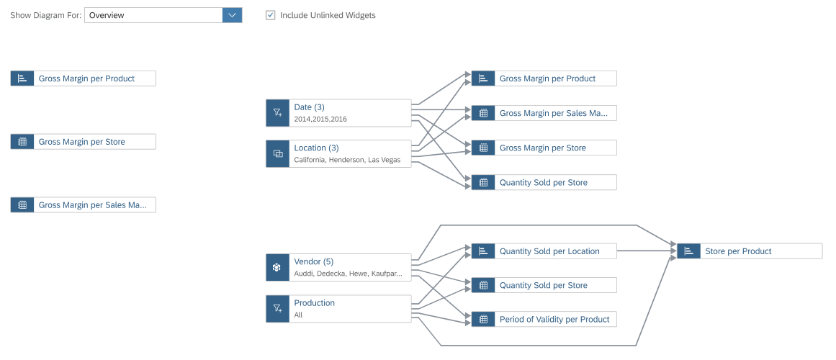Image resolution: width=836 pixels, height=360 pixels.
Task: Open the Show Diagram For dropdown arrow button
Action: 232,15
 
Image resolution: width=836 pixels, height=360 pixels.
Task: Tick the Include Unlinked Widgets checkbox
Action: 270,15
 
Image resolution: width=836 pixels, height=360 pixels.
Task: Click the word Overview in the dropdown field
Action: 107,15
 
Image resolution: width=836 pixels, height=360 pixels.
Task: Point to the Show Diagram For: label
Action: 46,15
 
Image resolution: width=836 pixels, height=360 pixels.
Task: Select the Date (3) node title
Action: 309,107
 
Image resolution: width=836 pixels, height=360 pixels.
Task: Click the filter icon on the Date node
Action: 277,112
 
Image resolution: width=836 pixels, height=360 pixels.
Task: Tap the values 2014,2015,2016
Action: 320,119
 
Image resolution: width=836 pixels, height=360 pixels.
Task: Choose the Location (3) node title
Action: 316,148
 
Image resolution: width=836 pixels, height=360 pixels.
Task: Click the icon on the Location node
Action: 277,153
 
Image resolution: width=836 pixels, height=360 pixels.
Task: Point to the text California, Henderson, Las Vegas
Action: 347,160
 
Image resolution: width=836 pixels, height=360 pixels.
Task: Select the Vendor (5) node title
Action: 313,261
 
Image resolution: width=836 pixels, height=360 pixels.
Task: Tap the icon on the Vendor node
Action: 277,267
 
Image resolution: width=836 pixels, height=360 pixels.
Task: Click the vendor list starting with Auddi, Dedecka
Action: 349,274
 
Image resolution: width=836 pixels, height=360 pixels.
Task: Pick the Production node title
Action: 315,302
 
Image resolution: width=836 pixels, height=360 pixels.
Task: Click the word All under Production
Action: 298,315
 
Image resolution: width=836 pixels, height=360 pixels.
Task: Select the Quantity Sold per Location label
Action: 549,251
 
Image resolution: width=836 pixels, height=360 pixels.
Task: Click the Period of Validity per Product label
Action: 554,320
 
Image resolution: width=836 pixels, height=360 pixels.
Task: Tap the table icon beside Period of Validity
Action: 483,320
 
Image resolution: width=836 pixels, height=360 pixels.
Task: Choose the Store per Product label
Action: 738,251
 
